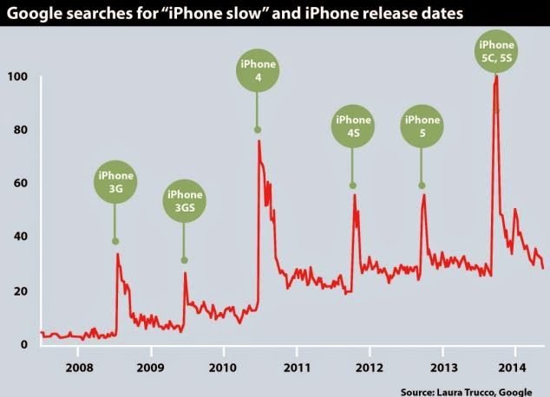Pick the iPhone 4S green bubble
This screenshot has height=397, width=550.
pos(353,126)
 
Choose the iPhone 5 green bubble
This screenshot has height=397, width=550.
pos(422,126)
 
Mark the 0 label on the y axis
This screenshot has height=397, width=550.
pos(24,344)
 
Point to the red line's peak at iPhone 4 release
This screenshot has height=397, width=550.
pos(259,140)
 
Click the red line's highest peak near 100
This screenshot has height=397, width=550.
pos(495,75)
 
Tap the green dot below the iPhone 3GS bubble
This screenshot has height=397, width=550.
pos(184,260)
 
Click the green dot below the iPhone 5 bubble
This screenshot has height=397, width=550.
pos(422,185)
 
